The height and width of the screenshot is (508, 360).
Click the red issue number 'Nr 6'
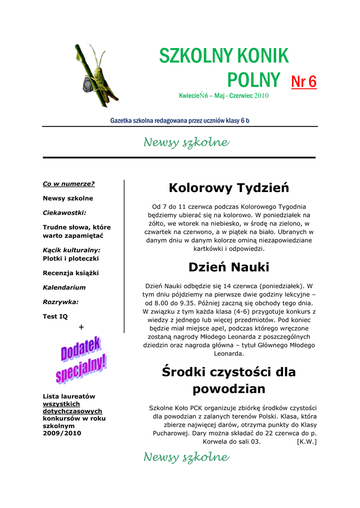[303, 82]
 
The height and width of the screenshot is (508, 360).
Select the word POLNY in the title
[253, 80]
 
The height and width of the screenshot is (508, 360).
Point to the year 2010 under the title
[261, 96]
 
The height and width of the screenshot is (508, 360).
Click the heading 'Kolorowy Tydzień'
[228, 188]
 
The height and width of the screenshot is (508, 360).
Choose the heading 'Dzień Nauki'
[228, 267]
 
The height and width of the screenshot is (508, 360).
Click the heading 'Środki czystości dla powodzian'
[228, 380]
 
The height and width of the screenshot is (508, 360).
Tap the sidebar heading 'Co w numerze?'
[69, 184]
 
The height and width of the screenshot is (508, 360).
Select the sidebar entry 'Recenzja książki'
[71, 273]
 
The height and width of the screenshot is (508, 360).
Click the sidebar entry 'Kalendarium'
[64, 287]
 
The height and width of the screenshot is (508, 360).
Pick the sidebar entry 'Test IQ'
[55, 316]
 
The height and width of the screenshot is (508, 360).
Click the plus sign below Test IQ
[81, 327]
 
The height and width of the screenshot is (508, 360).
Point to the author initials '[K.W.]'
[306, 442]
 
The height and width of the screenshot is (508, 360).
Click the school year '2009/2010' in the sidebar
[62, 433]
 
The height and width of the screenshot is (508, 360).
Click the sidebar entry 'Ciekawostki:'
[65, 212]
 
